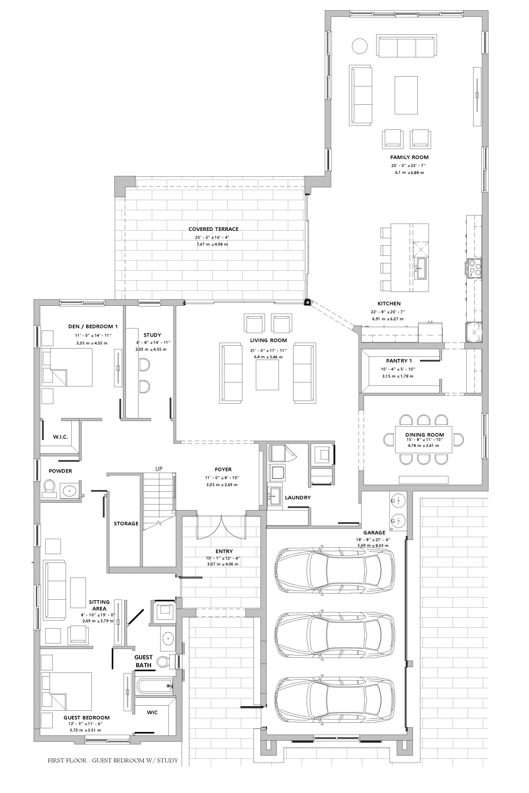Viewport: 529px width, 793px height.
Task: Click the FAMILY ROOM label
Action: tap(409, 157)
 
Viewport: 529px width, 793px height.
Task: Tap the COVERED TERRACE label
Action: tap(213, 229)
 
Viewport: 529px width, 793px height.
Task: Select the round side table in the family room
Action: tap(359, 46)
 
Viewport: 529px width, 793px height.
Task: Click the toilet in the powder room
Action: tap(49, 489)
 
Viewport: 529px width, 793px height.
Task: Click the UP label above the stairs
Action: tap(159, 469)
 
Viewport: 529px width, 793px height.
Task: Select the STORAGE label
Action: tap(126, 524)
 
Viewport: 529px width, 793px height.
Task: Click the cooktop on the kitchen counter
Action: tap(474, 268)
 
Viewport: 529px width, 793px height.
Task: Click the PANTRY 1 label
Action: tap(399, 361)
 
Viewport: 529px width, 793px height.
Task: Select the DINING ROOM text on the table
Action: tap(425, 435)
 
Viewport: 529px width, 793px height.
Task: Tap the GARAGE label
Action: tap(374, 532)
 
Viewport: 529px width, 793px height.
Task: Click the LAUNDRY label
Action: tap(298, 497)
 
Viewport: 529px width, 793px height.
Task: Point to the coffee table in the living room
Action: tap(267, 375)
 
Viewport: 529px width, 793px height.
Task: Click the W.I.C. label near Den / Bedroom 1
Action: tap(60, 437)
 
